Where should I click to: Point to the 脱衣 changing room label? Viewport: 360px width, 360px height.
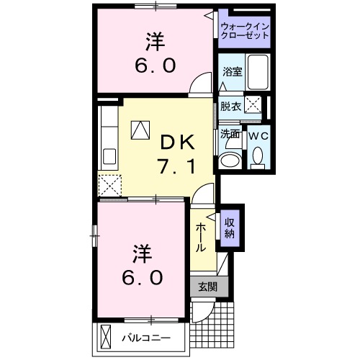(x=230, y=107)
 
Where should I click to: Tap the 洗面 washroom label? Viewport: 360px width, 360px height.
(x=230, y=133)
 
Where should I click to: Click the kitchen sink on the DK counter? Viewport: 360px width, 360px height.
(x=111, y=156)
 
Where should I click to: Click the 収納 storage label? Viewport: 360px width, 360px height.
(x=230, y=227)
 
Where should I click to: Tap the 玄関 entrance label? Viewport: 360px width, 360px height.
(x=208, y=286)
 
